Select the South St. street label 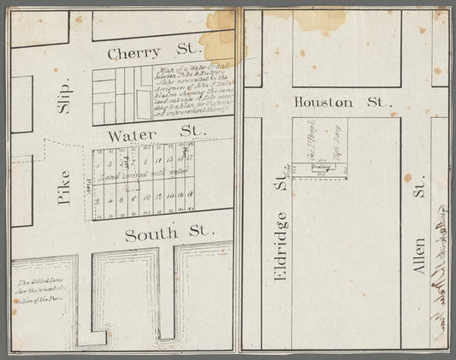tap(152, 233)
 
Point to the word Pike tap(63, 186)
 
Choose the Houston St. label tap(336, 102)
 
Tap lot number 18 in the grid tap(189, 197)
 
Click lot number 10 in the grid tap(147, 198)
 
